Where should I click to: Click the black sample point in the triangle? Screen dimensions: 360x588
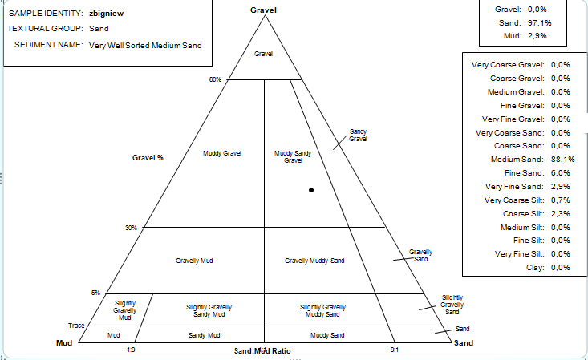pos(310,190)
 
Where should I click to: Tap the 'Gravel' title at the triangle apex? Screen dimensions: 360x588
pos(263,9)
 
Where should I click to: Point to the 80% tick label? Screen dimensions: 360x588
pos(214,79)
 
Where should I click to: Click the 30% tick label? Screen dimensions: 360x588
pos(131,228)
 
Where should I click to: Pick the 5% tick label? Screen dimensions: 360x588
pos(95,292)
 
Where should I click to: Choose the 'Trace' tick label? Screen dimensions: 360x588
pos(77,326)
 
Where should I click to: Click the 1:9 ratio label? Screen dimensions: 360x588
pos(131,350)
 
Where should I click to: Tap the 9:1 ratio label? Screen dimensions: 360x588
pos(395,350)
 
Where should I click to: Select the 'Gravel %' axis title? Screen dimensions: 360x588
pos(148,158)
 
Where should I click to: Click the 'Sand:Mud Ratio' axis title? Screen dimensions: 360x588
pos(262,351)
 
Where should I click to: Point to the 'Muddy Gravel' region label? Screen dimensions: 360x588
pos(222,153)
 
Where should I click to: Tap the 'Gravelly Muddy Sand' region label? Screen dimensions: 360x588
pos(314,261)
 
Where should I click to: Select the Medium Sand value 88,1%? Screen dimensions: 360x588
pos(559,159)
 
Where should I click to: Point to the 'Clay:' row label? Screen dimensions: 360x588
pos(533,267)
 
